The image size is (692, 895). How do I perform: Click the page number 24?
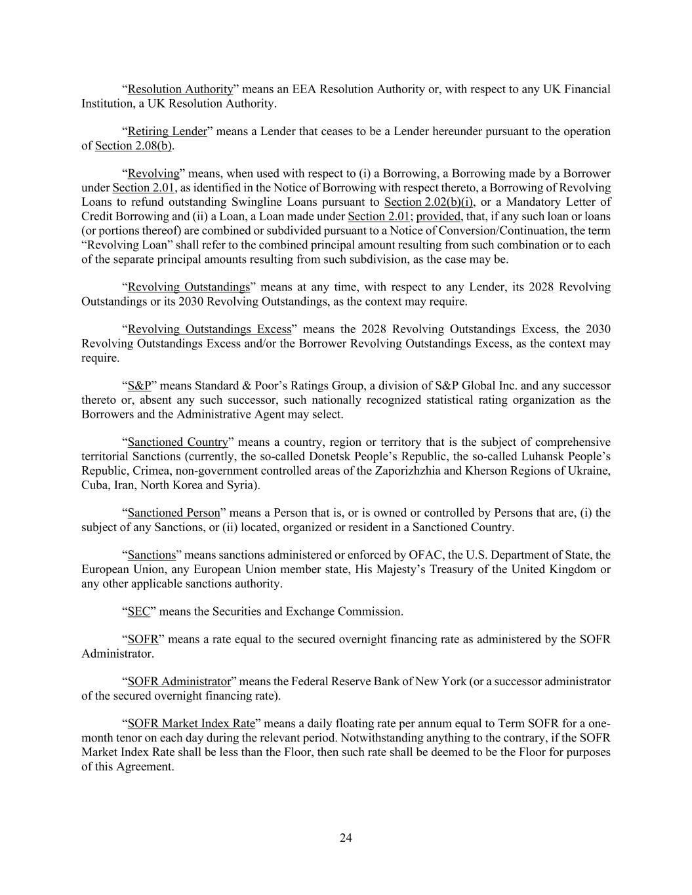pyautogui.click(x=346, y=837)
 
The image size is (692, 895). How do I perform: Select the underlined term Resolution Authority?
pyautogui.click(x=180, y=89)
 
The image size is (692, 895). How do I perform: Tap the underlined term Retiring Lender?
pyautogui.click(x=167, y=131)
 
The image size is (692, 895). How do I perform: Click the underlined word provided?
pyautogui.click(x=439, y=216)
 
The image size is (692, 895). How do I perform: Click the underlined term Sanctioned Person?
pyautogui.click(x=174, y=513)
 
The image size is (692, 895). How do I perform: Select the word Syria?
pyautogui.click(x=241, y=485)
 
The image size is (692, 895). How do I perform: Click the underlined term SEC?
pyautogui.click(x=138, y=611)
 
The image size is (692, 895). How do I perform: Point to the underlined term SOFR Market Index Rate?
pyautogui.click(x=191, y=724)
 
